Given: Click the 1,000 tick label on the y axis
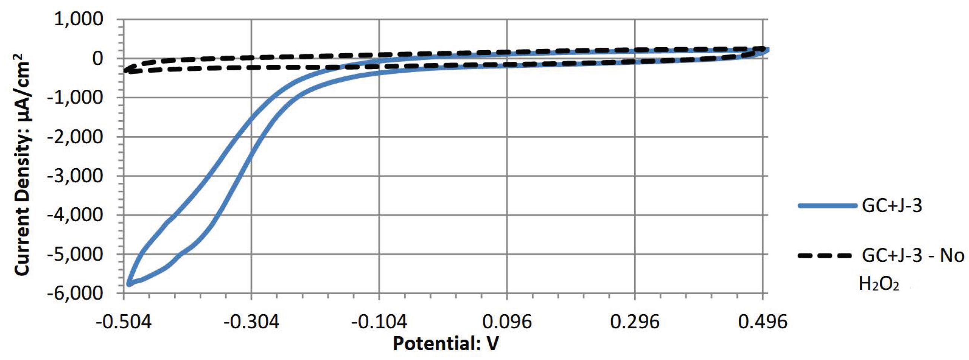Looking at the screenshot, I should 79,20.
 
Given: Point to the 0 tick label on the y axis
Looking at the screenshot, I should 98,59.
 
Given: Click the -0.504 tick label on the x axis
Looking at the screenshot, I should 123,322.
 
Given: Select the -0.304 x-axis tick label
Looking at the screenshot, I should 251,322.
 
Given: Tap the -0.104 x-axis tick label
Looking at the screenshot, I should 379,322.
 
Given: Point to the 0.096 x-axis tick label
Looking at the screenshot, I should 507,322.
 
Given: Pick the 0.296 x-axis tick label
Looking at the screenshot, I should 635,322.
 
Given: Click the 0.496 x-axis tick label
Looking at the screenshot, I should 763,322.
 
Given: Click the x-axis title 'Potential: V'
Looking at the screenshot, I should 446,344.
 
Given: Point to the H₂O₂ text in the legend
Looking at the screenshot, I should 879,284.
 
